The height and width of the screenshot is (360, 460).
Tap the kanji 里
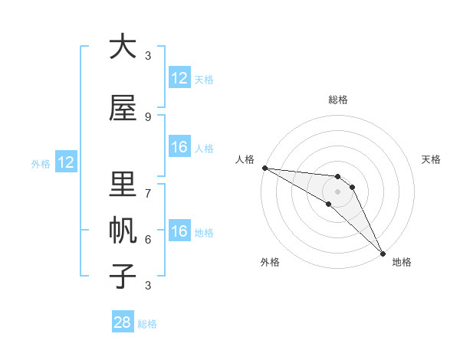[123, 185]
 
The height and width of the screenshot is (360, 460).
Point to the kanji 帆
[123, 231]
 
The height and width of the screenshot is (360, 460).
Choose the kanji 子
[123, 277]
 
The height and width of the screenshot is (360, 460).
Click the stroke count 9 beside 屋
[148, 116]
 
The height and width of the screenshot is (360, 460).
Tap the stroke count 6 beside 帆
[148, 239]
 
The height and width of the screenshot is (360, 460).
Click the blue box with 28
[123, 322]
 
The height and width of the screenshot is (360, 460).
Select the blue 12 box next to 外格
[65, 162]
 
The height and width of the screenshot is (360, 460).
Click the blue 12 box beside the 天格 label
[179, 78]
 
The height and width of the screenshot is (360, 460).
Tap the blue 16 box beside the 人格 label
[179, 147]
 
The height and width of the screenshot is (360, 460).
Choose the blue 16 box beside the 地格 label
[179, 231]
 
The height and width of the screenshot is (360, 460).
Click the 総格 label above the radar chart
[338, 100]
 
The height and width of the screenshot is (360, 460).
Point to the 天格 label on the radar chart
[432, 159]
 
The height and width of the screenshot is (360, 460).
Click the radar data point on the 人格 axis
[264, 168]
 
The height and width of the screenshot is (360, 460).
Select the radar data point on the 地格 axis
[383, 253]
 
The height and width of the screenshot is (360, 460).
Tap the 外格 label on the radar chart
[270, 262]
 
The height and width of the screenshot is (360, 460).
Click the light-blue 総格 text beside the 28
[147, 324]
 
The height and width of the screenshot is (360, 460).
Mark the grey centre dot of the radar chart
[337, 191]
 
